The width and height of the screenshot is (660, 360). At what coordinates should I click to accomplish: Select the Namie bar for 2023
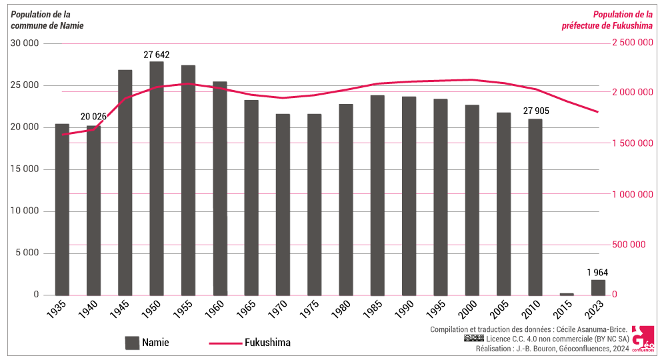(597, 287)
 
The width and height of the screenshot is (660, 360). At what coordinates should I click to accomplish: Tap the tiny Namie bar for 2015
(566, 293)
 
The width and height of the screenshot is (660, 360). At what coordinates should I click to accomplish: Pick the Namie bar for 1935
(62, 209)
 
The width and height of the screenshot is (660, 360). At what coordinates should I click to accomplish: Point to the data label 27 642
(157, 54)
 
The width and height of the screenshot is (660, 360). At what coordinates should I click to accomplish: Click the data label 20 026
(94, 117)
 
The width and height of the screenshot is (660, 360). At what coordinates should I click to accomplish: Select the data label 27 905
(535, 111)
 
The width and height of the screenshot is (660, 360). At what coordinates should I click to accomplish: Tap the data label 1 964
(597, 272)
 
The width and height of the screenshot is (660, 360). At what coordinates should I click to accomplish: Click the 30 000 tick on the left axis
(26, 43)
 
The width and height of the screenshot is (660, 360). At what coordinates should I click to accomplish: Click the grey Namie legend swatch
(132, 343)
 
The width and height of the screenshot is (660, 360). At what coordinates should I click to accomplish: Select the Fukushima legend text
(267, 343)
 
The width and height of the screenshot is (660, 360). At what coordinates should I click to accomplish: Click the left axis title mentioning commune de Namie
(47, 20)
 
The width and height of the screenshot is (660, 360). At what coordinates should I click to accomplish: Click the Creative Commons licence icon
(473, 338)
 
